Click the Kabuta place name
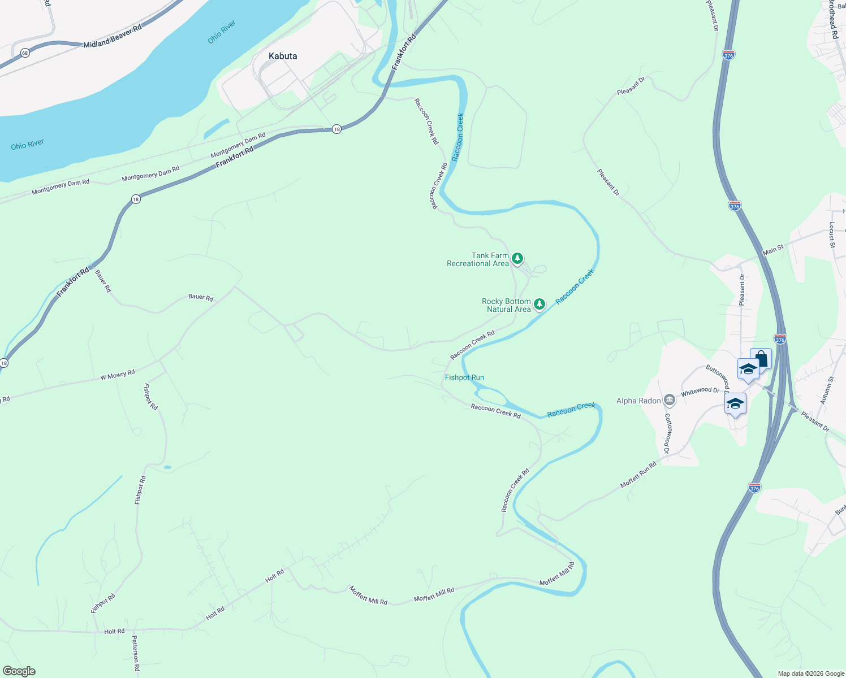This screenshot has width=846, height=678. point(283,56)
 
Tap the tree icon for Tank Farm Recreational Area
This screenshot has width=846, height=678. point(517,259)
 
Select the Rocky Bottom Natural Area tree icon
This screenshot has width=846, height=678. point(539,305)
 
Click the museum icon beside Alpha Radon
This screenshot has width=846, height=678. point(670,401)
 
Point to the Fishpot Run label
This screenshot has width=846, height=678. point(464,377)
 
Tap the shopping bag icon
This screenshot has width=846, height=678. point(762,359)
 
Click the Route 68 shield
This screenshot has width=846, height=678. point(25,53)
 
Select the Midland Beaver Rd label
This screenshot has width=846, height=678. point(113,36)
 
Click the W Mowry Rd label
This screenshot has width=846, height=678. point(118,375)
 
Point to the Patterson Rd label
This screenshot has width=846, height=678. point(135,656)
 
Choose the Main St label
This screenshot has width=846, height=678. point(773,249)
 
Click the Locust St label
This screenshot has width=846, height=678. point(832,235)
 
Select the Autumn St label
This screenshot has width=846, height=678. point(827,390)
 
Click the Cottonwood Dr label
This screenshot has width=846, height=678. point(667,434)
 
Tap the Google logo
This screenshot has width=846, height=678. point(19,671)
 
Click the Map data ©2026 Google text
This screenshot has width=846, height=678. point(810,673)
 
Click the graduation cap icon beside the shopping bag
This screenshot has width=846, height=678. point(748,370)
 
